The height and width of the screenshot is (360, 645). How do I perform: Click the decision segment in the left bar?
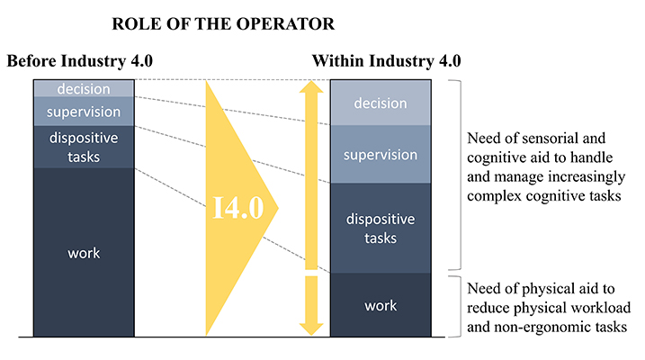pyautogui.click(x=83, y=88)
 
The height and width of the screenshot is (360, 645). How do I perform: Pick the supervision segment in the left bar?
pyautogui.click(x=83, y=112)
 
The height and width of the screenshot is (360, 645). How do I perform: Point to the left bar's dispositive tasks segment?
pyautogui.click(x=83, y=148)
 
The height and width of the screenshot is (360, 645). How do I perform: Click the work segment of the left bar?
pyautogui.click(x=83, y=253)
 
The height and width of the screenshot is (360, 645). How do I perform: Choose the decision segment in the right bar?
pyautogui.click(x=381, y=103)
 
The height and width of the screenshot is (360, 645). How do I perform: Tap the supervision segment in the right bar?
pyautogui.click(x=381, y=154)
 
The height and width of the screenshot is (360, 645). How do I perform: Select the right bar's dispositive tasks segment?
pyautogui.click(x=381, y=228)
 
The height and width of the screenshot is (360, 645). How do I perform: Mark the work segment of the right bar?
pyautogui.click(x=381, y=305)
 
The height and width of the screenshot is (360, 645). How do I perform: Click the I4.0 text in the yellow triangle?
pyautogui.click(x=238, y=209)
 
